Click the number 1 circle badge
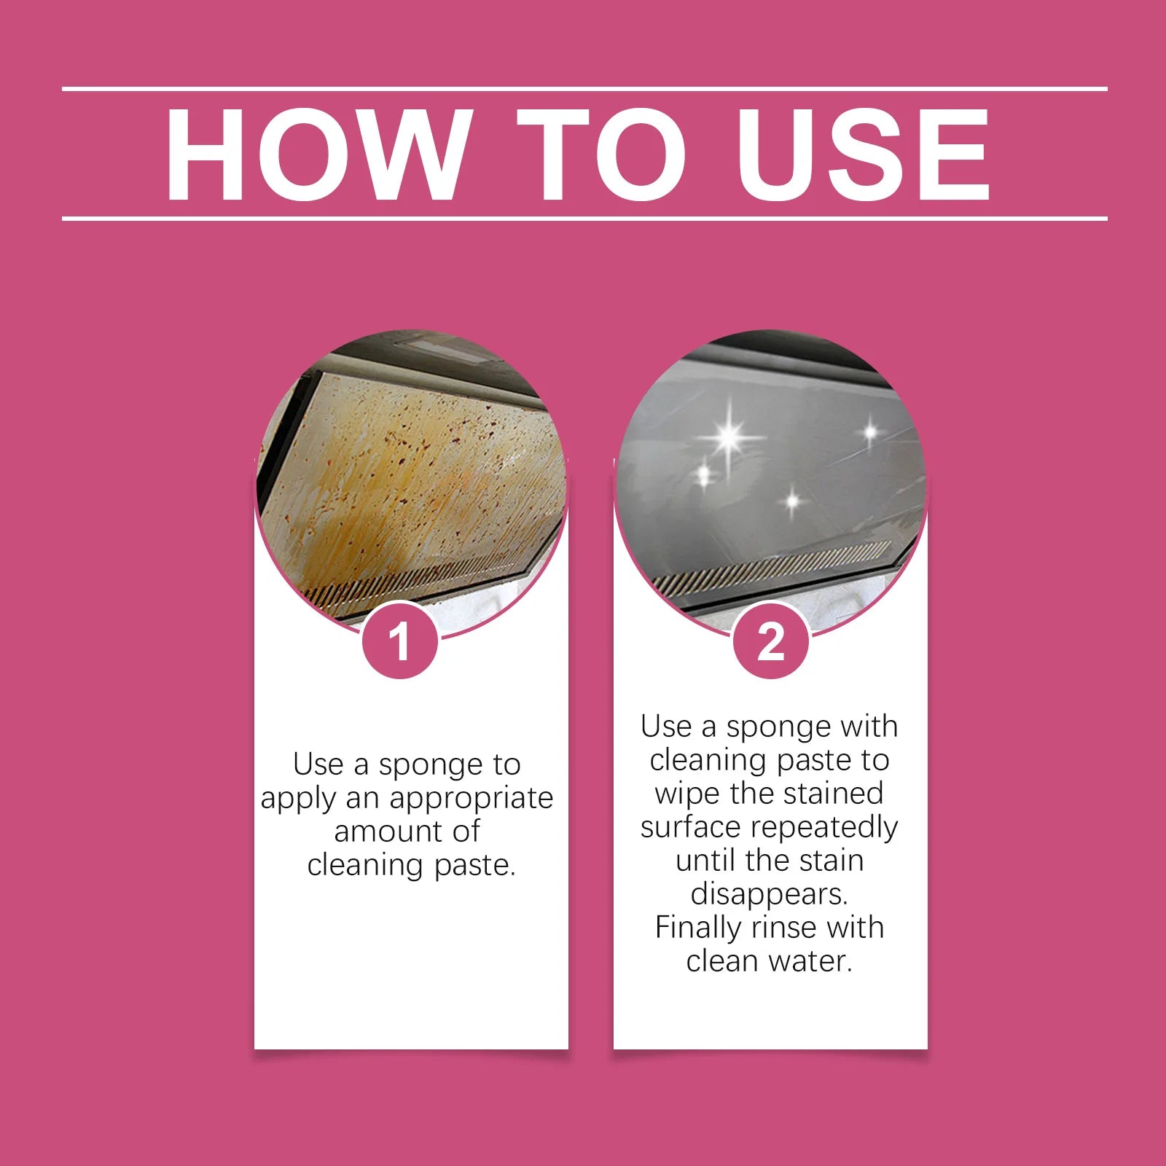[x=399, y=642]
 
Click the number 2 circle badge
[x=770, y=642]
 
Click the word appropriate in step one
[x=472, y=799]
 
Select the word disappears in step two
[x=769, y=894]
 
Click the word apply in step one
[x=299, y=799]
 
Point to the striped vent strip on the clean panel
[x=772, y=566]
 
